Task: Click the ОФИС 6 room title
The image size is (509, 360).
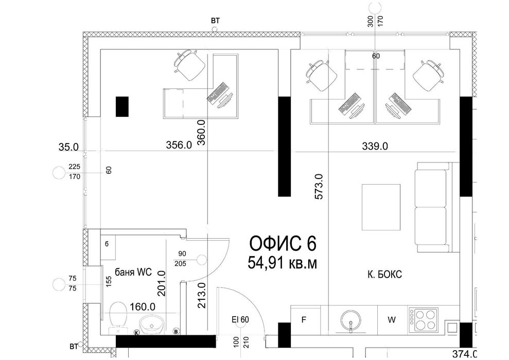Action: click(283, 244)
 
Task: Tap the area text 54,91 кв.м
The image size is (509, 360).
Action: click(283, 263)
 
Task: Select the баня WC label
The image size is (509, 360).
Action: click(133, 272)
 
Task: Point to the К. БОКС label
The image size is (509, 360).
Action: click(384, 275)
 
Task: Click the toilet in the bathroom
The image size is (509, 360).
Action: click(118, 318)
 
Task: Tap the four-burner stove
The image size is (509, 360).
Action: click(423, 319)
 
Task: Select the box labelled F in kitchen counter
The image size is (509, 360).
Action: click(304, 320)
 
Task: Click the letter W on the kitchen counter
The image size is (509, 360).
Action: click(392, 320)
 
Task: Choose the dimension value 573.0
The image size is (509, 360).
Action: click(320, 187)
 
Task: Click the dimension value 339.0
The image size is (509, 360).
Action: click(375, 147)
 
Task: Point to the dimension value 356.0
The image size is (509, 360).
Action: click(179, 145)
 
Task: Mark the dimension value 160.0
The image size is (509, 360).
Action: click(143, 307)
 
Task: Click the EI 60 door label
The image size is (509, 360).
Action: click(240, 320)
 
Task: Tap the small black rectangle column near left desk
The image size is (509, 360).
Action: click(122, 106)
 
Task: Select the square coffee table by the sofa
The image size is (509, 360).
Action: click(381, 207)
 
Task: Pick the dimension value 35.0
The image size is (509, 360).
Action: click(68, 147)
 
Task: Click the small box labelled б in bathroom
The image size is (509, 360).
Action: click(107, 244)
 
